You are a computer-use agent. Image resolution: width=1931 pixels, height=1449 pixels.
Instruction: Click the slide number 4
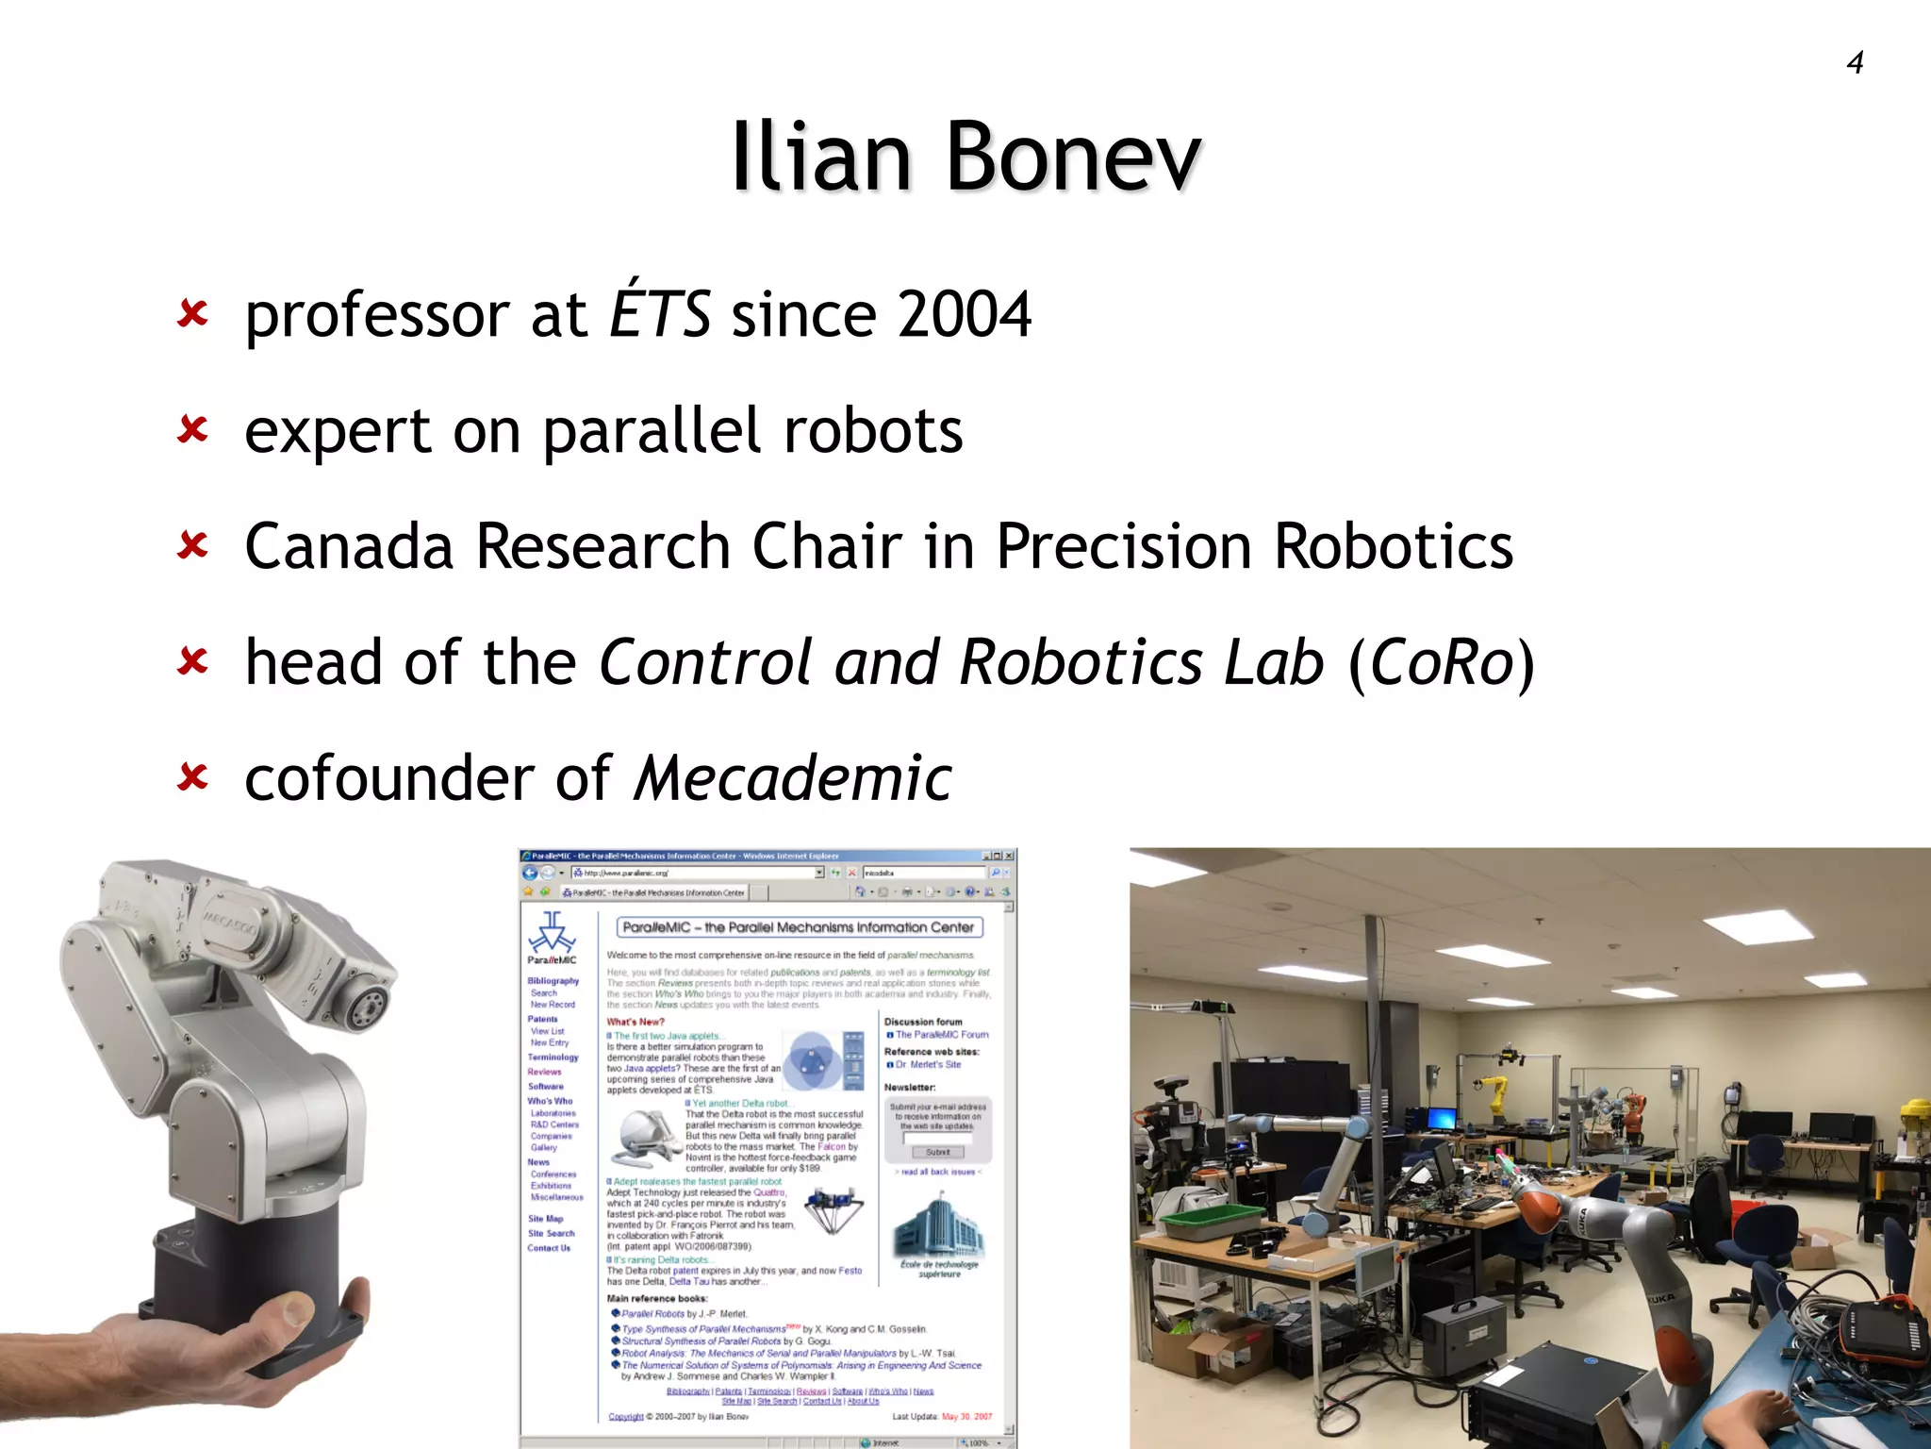click(1855, 63)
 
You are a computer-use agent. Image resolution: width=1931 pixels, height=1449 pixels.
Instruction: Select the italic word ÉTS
click(660, 314)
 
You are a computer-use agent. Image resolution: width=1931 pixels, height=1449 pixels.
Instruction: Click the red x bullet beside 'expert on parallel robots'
click(192, 430)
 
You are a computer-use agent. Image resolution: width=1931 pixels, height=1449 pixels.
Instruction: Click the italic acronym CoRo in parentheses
click(1442, 662)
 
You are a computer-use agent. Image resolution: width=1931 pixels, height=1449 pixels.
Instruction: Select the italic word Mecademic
click(792, 778)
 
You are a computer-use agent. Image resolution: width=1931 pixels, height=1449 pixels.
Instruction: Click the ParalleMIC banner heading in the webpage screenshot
click(799, 927)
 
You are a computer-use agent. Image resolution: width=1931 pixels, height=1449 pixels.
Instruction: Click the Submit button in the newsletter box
click(937, 1152)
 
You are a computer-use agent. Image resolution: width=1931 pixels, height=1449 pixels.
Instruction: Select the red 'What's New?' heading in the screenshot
click(635, 1022)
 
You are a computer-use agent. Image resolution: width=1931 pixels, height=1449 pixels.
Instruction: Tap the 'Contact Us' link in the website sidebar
click(549, 1248)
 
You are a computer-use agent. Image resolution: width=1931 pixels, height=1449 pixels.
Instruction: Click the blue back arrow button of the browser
click(531, 873)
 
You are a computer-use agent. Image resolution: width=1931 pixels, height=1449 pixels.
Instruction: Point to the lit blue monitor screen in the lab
click(1442, 1119)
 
